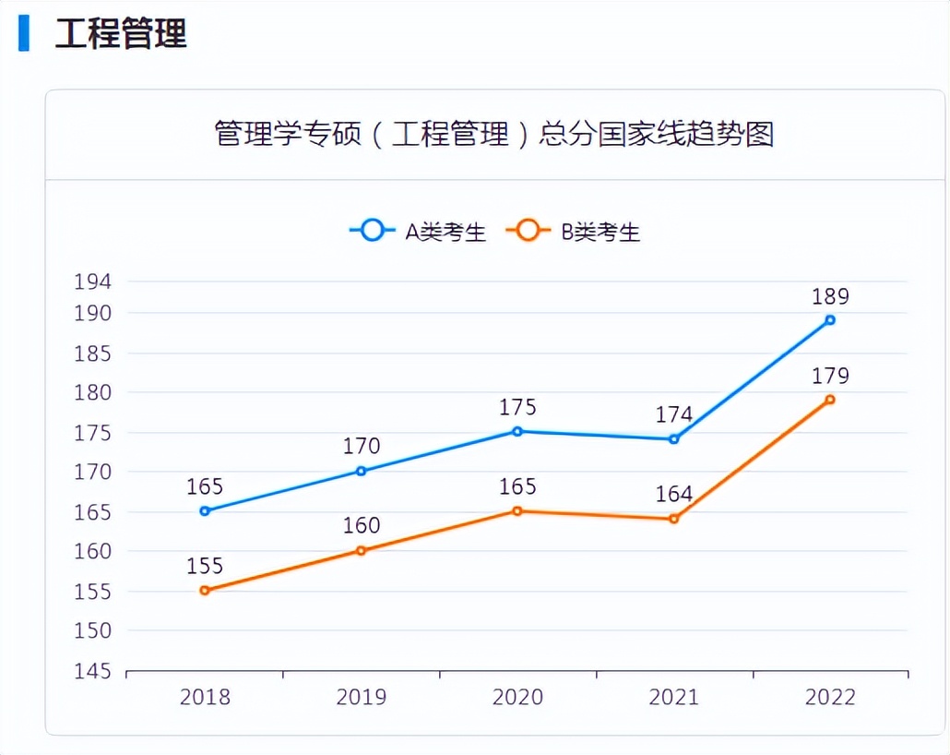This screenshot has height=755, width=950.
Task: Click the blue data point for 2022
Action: (x=830, y=320)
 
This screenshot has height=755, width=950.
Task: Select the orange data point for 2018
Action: (x=205, y=590)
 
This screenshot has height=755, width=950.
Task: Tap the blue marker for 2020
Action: (x=517, y=431)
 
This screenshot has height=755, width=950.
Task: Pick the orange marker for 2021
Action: (x=674, y=519)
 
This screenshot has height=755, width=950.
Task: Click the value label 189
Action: (x=830, y=296)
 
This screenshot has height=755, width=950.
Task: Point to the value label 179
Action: (x=830, y=376)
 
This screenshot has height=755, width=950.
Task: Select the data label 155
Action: (x=205, y=566)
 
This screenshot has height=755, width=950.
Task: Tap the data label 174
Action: (x=674, y=414)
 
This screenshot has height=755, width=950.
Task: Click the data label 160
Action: (x=362, y=525)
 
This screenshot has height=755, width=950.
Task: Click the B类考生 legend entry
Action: (x=574, y=231)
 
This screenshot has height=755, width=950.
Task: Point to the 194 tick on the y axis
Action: (x=92, y=282)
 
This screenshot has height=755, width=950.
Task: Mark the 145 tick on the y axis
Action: (x=92, y=671)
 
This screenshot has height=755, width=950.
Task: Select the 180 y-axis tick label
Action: (x=92, y=393)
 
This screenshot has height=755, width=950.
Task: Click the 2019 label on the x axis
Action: (x=362, y=697)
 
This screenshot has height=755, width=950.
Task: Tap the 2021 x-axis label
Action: (x=674, y=697)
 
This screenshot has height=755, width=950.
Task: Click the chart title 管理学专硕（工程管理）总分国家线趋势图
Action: (x=493, y=134)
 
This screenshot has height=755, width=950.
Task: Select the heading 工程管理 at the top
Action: (x=121, y=33)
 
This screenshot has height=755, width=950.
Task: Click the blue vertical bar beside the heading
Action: (x=24, y=33)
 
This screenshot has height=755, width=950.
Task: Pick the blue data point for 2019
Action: (x=362, y=471)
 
